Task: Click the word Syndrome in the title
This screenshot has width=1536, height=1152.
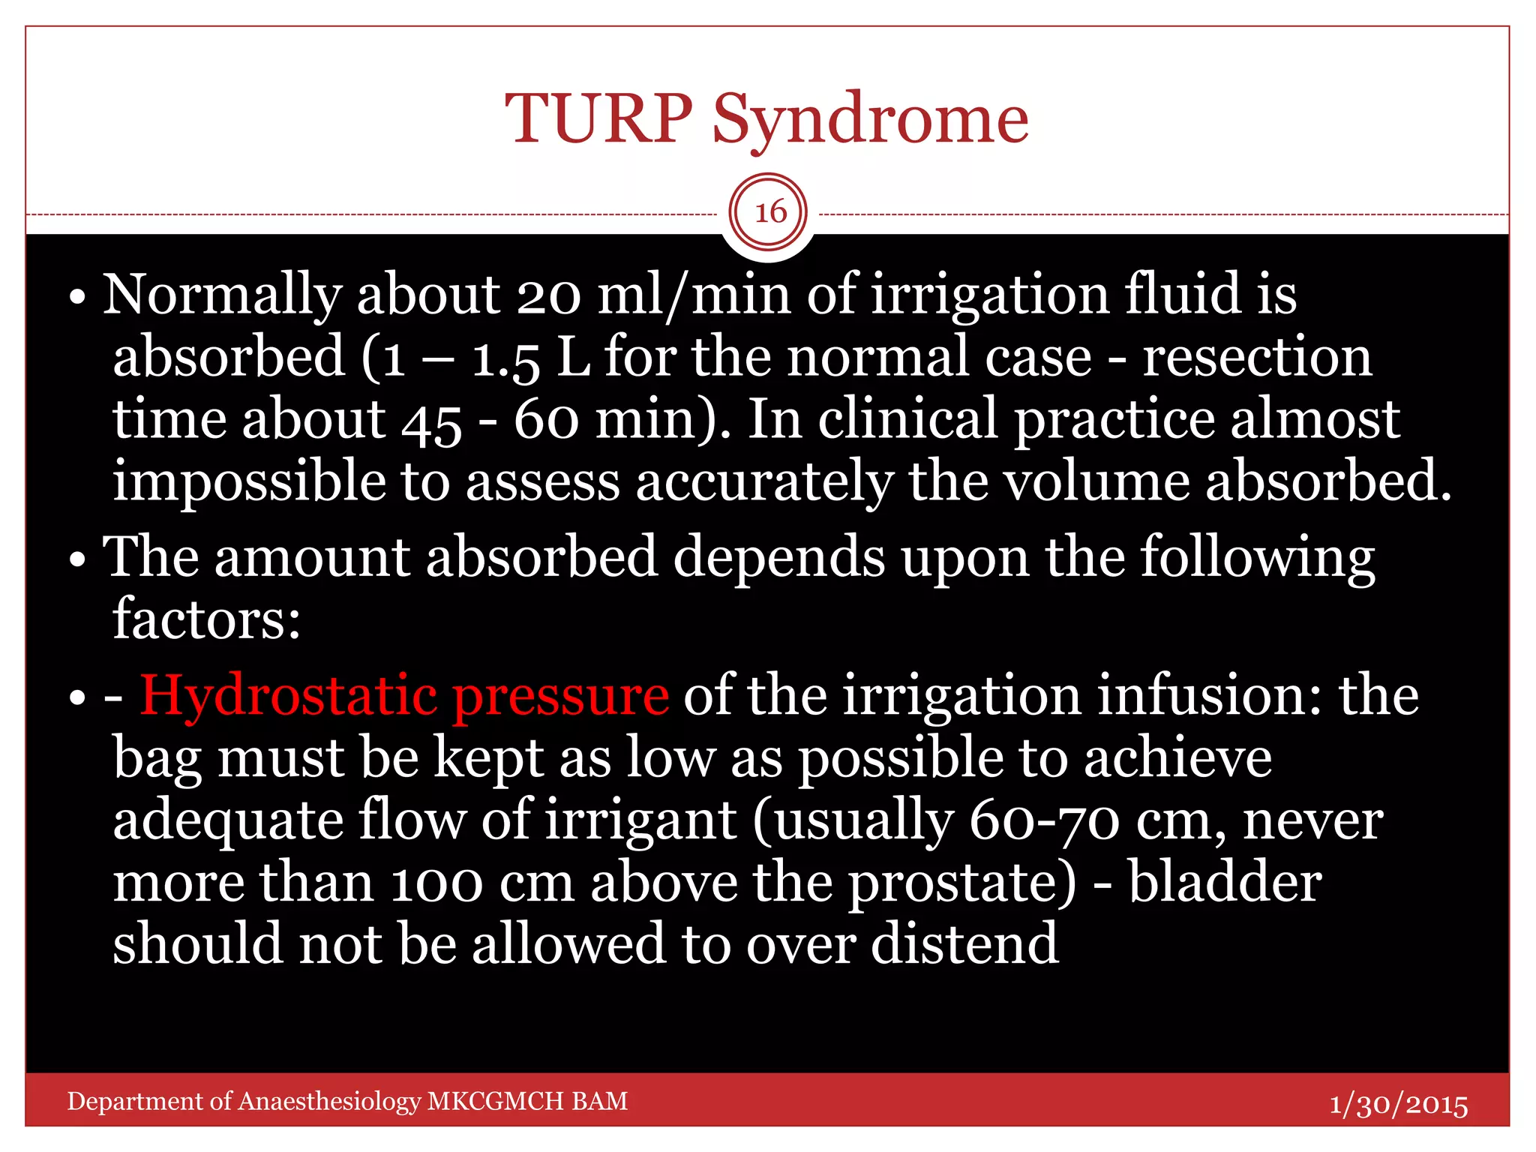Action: pyautogui.click(x=870, y=120)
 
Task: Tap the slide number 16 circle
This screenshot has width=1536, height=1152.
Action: pyautogui.click(x=769, y=212)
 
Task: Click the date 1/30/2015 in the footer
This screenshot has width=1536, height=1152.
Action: pyautogui.click(x=1398, y=1104)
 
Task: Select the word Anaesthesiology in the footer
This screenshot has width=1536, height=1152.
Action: pyautogui.click(x=329, y=1101)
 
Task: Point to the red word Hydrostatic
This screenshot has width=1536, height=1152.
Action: pyautogui.click(x=288, y=696)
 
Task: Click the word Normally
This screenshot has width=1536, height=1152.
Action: pyautogui.click(x=222, y=295)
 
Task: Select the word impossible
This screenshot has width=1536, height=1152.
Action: pyautogui.click(x=248, y=481)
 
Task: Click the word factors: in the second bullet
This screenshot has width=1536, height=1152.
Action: pyautogui.click(x=206, y=619)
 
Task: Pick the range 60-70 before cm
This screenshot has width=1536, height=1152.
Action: pyautogui.click(x=1045, y=820)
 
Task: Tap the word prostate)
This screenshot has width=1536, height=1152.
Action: pyautogui.click(x=962, y=883)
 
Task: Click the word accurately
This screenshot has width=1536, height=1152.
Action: pyautogui.click(x=764, y=481)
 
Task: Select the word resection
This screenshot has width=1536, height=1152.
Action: pyautogui.click(x=1257, y=357)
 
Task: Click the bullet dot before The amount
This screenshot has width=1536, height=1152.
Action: pyautogui.click(x=77, y=560)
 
